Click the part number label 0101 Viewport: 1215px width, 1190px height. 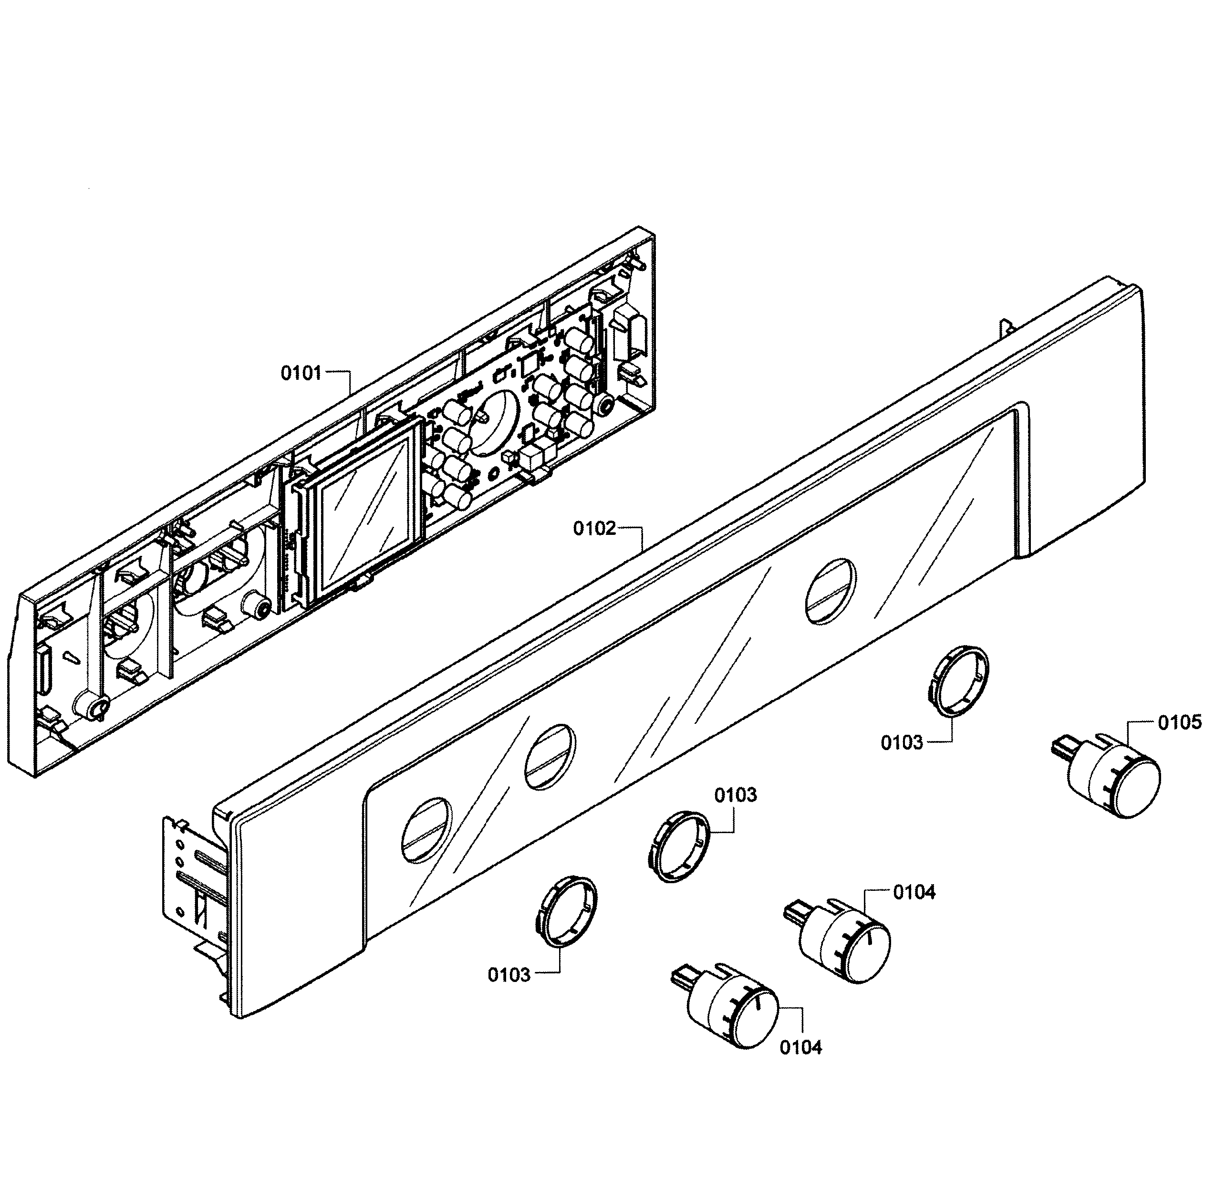(x=301, y=374)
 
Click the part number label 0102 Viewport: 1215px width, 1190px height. (x=594, y=529)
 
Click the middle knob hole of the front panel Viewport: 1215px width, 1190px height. (x=549, y=757)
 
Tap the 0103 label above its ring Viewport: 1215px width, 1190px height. (x=736, y=795)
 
